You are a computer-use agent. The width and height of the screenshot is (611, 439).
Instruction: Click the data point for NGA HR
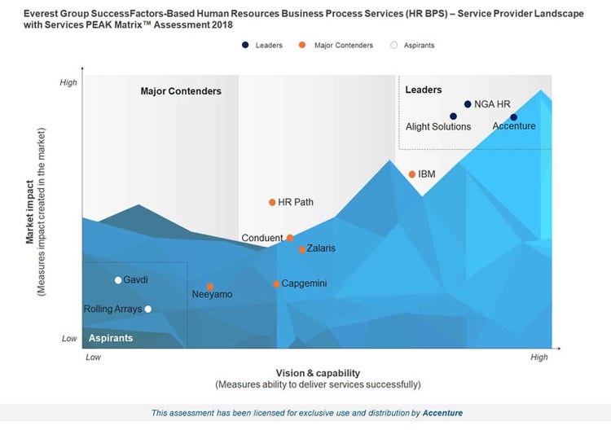468,104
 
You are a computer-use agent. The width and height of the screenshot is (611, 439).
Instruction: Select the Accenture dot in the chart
513,117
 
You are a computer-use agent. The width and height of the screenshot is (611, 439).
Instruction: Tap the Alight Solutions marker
453,116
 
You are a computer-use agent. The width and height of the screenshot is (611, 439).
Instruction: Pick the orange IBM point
412,174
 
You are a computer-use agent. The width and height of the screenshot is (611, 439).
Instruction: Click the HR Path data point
272,203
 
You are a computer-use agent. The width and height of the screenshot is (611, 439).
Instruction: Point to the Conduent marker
290,238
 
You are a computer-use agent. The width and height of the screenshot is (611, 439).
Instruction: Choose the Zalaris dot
302,249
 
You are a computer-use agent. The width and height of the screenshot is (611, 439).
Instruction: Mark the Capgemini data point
276,284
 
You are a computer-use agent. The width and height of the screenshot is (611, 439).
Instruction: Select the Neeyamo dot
210,287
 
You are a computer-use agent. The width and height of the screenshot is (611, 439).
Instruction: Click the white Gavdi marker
118,280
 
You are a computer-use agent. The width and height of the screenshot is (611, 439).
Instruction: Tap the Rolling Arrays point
147,309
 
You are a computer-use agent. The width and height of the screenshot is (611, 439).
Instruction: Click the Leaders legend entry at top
263,46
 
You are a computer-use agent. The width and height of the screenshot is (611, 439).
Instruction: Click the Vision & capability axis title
318,373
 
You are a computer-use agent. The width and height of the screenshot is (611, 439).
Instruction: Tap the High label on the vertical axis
69,82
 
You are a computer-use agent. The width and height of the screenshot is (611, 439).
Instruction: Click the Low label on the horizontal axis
93,357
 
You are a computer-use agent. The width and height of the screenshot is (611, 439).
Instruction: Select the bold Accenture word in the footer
442,413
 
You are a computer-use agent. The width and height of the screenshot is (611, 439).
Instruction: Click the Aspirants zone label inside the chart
111,338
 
